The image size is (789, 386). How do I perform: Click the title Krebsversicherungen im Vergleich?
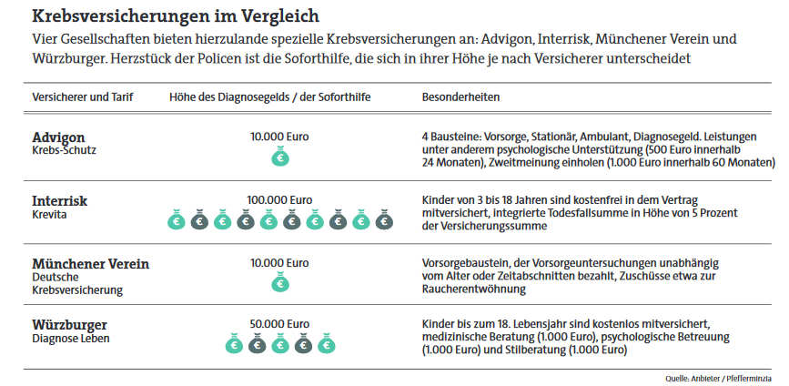point(176,16)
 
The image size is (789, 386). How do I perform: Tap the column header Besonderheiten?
point(461,96)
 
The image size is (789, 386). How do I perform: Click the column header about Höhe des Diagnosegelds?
point(270,96)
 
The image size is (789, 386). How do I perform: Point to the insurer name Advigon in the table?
point(58,137)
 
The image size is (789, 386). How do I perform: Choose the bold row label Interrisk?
point(59,200)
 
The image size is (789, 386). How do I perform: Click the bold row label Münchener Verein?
point(90,264)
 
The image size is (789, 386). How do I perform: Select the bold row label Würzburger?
point(69,325)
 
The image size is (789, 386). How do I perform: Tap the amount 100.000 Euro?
point(279,199)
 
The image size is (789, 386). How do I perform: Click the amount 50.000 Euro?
point(279,324)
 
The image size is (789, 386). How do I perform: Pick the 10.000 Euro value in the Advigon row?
point(279,137)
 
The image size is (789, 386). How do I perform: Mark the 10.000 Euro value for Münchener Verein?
point(279,262)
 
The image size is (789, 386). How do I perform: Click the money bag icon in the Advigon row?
point(280,157)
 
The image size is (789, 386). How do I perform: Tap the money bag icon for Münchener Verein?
point(280,283)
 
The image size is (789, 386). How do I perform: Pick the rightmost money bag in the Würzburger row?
point(326,344)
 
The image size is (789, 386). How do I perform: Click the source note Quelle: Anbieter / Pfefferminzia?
point(718,376)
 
